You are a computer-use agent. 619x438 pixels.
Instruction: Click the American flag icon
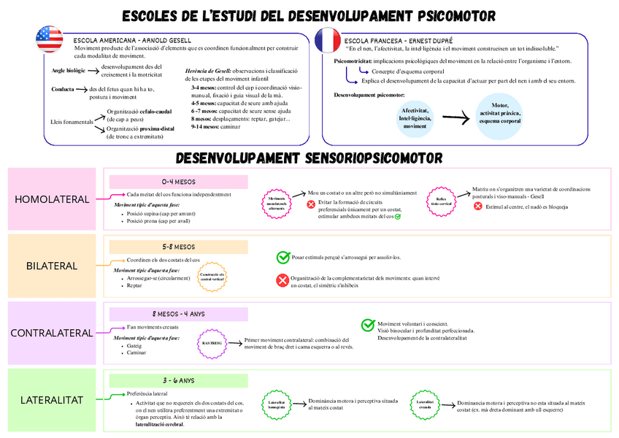coord(50,38)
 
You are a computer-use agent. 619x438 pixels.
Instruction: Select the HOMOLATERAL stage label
coord(52,199)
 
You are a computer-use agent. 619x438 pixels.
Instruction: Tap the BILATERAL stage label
coord(52,266)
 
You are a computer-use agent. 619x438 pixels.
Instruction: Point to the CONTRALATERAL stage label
coord(52,333)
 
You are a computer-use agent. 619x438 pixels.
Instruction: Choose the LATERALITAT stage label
coord(52,400)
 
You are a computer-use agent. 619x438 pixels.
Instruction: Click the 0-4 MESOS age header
coord(179,182)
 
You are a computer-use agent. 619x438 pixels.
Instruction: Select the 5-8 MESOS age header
coord(179,247)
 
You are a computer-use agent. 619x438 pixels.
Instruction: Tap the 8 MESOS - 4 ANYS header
coord(179,314)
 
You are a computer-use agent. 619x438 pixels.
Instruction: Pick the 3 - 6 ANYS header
coord(179,380)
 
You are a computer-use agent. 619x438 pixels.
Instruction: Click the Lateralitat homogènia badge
coord(277,405)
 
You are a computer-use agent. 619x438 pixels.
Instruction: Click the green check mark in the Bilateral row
coord(282,257)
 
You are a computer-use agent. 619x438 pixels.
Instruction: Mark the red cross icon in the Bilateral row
coord(282,280)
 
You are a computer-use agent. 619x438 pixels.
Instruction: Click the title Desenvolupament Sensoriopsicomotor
coord(309,158)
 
